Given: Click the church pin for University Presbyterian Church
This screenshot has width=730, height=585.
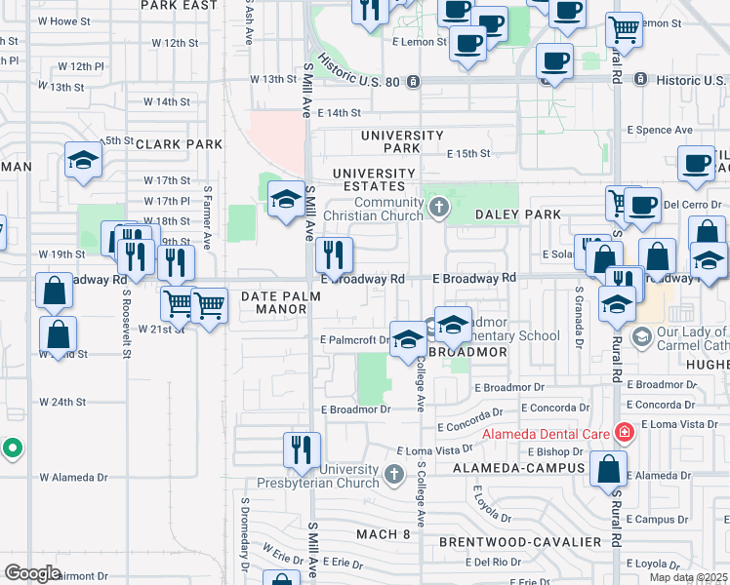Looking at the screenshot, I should point(393,475).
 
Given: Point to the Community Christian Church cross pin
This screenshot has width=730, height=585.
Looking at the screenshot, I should point(439,207).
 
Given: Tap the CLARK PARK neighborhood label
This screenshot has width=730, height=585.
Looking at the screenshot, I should point(180,144).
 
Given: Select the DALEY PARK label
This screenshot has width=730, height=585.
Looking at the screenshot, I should point(518,214).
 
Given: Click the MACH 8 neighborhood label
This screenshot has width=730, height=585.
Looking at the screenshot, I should point(383,534).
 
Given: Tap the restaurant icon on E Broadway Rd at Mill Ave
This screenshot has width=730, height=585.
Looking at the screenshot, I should point(335,256).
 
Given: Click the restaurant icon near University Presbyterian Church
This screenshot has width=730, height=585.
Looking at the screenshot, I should point(301,450).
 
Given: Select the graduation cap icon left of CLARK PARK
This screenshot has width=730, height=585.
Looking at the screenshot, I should point(84,161).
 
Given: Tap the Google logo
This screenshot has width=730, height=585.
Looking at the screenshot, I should point(32,573).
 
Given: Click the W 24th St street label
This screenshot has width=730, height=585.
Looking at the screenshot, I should point(63,402).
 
